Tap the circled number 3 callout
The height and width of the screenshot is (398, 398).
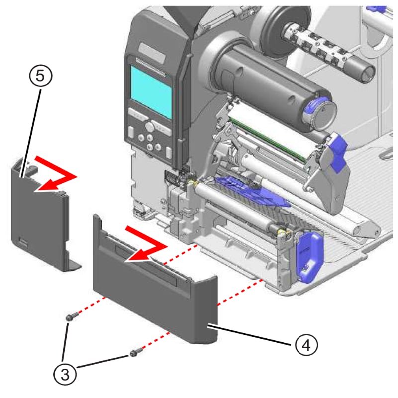coord(66,373)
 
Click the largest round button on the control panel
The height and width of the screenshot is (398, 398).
coord(149,139)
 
